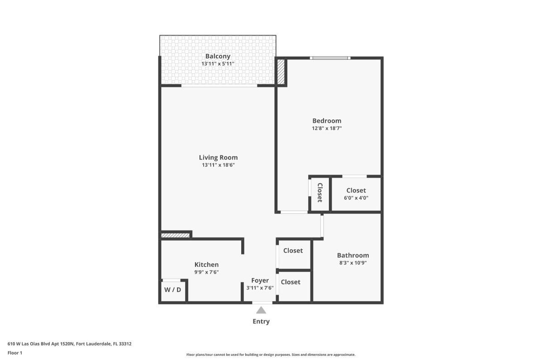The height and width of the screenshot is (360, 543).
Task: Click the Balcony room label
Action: coord(218,56)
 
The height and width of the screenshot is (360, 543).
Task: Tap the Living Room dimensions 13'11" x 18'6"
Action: coord(218,165)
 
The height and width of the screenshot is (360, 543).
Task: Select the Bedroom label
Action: coord(327,121)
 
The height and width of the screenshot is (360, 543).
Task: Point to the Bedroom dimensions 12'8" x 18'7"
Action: coord(327,128)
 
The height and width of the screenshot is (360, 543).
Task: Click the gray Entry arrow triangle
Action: coord(261,310)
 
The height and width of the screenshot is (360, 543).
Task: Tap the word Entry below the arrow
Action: coord(261,322)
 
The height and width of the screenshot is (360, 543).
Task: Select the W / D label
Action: coord(172,289)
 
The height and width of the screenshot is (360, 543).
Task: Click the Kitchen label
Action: coord(206,265)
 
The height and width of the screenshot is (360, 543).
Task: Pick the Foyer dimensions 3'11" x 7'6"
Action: coord(260,288)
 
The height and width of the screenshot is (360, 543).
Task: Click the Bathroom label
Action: coord(353,255)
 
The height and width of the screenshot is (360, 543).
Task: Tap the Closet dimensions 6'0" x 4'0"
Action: coord(356,198)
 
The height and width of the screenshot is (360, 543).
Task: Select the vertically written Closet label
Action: coord(320,192)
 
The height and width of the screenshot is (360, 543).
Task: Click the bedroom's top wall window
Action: coord(330,58)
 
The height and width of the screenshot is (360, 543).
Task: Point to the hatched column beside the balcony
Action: coord(281,72)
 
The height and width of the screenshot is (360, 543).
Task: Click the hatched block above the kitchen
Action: coord(176,235)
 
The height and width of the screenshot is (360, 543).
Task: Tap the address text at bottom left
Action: coord(70,344)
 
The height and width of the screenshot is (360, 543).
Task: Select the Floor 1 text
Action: coord(15,353)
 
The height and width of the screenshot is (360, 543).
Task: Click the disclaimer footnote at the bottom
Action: coord(271,355)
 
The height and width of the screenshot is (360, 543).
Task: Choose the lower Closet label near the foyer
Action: coord(291,282)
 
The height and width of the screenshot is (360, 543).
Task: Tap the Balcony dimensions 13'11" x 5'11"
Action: coord(218,64)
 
